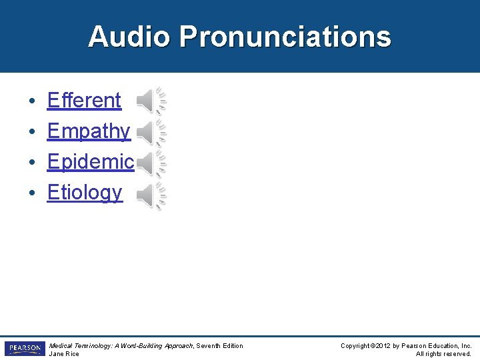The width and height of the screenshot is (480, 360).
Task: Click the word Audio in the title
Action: (x=129, y=37)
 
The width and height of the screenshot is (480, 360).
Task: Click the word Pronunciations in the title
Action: (x=285, y=37)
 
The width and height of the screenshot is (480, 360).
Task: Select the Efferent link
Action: (x=84, y=101)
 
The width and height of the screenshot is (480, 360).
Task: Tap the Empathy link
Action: (x=89, y=131)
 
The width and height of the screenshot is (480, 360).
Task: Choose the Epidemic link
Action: (x=91, y=161)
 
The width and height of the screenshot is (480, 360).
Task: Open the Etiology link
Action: (x=85, y=193)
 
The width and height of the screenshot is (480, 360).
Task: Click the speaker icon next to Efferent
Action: (x=151, y=101)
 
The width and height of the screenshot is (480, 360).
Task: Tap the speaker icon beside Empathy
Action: (x=151, y=133)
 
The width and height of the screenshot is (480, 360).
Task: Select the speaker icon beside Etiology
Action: (x=151, y=195)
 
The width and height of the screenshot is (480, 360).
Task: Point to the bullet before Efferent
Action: (x=32, y=102)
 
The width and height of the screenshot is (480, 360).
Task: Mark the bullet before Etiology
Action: (x=32, y=194)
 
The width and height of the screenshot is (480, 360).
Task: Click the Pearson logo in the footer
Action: (x=25, y=349)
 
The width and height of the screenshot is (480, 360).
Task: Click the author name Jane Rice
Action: (x=64, y=354)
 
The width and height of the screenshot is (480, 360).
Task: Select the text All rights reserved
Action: (x=443, y=354)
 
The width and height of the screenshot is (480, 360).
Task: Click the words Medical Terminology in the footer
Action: (x=75, y=345)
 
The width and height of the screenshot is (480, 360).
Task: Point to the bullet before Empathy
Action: (x=32, y=133)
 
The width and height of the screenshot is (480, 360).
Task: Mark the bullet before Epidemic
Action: (x=32, y=163)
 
